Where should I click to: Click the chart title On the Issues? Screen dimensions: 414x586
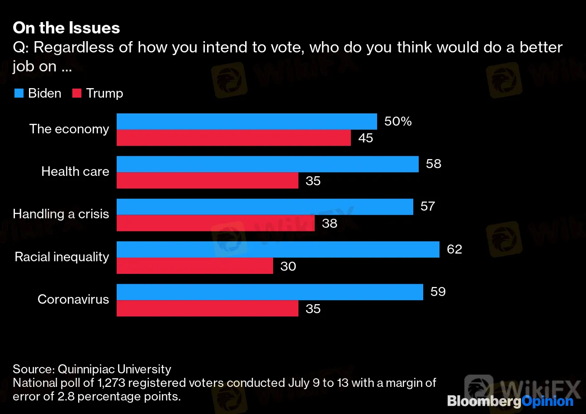(x=66, y=28)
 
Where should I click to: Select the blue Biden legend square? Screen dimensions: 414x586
(x=19, y=94)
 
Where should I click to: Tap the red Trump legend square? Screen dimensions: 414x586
(x=76, y=94)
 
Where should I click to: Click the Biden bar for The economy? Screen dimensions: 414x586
(x=246, y=121)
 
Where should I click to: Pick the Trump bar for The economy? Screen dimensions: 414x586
(x=233, y=138)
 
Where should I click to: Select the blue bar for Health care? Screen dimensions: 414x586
(x=267, y=164)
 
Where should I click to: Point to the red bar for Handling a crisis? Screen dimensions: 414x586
(x=215, y=223)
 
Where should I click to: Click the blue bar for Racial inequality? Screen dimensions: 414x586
(x=278, y=249)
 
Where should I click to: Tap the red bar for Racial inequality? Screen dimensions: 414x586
(x=194, y=266)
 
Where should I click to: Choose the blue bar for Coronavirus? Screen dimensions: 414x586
(x=269, y=292)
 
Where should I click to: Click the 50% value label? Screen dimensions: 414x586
(x=398, y=121)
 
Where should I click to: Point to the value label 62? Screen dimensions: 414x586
(x=454, y=249)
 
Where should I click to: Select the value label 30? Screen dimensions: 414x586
(x=288, y=266)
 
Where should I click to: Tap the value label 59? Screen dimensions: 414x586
(x=438, y=292)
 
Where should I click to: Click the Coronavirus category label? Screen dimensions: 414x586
(x=73, y=299)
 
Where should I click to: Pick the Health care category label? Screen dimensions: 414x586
(x=75, y=171)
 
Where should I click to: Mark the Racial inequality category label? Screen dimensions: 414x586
(x=62, y=257)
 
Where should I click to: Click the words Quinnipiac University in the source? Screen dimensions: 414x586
(x=114, y=369)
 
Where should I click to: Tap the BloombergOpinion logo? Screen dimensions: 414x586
(x=510, y=401)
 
